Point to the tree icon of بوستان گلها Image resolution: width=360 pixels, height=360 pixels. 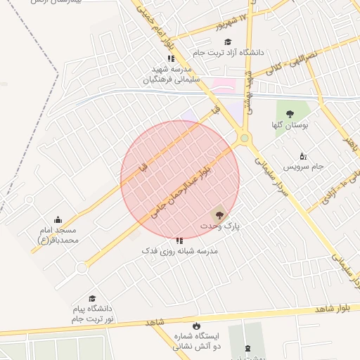(x=290, y=114)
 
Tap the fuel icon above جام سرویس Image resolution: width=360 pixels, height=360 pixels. (x=303, y=155)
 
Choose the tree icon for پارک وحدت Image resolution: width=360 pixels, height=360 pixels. (x=219, y=214)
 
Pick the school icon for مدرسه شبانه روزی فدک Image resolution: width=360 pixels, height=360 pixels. (x=179, y=240)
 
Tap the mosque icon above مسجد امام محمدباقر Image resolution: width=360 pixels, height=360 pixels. (x=58, y=220)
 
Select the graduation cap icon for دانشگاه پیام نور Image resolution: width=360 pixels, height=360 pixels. (x=91, y=299)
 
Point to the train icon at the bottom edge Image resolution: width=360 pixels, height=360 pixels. (x=247, y=348)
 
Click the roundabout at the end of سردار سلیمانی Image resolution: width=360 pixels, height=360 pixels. (x=244, y=139)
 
